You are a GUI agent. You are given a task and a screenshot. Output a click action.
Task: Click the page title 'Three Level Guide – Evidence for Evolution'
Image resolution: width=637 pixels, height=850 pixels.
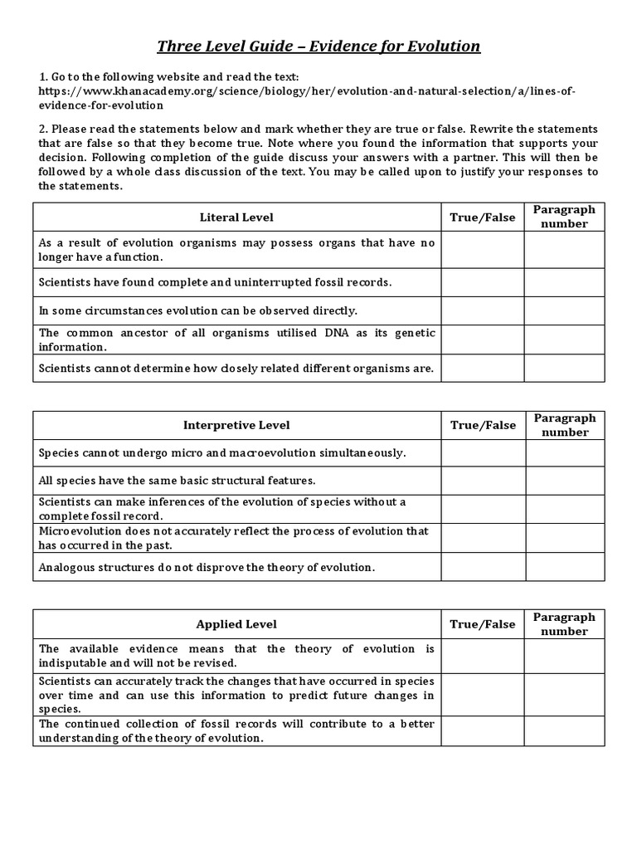coord(319,46)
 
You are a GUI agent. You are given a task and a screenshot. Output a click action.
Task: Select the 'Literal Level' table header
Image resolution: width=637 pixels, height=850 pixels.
coord(236,217)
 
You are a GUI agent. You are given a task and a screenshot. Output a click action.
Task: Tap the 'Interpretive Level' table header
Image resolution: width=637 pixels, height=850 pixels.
coord(236,425)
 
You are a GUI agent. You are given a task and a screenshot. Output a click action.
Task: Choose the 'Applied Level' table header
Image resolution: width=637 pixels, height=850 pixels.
coord(236,624)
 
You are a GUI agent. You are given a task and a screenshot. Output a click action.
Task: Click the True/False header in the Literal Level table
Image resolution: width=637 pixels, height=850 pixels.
coord(482,217)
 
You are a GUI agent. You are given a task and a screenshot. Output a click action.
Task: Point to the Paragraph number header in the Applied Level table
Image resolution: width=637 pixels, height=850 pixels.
coord(564,624)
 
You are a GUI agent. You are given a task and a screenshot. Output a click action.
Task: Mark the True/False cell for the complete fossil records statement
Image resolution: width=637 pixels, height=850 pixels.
coord(482,282)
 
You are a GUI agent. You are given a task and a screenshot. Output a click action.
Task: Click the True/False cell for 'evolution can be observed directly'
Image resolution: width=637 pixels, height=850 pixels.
coord(482,310)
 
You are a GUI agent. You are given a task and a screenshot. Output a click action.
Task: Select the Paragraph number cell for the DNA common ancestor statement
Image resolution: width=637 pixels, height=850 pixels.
coord(564,340)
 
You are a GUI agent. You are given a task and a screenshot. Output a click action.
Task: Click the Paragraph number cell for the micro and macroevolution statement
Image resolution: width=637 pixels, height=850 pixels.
coord(564,453)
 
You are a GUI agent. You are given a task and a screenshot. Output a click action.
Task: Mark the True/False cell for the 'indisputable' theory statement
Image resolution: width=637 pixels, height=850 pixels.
coord(482,656)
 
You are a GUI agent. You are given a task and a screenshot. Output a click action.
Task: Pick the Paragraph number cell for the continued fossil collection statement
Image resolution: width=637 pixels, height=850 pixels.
coord(564,730)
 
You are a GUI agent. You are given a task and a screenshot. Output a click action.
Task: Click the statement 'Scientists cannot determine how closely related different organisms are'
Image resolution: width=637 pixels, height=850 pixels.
coord(236,368)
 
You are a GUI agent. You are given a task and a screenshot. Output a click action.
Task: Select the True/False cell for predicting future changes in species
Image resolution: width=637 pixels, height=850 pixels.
coord(482,695)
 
